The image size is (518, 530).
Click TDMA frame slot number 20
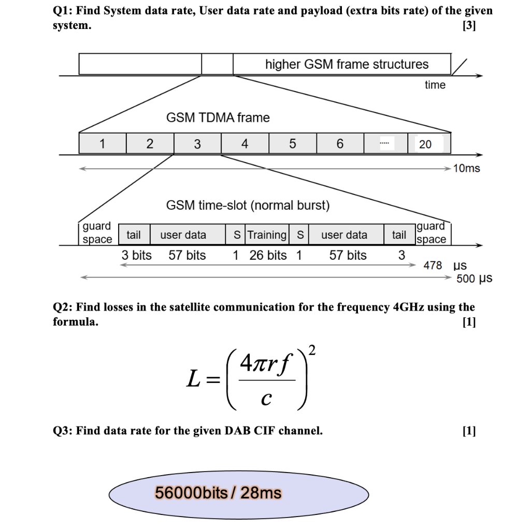pos(425,144)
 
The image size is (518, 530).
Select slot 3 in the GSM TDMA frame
pos(197,144)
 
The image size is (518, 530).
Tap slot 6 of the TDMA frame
pos(340,144)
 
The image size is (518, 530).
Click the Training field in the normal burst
pos(267,235)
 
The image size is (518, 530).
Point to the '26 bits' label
pos(268,255)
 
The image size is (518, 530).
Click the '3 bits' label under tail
pos(137,255)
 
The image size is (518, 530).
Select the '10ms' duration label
pos(466,168)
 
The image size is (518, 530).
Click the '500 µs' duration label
pos(474,279)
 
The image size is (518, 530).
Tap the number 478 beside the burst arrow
pos(433,266)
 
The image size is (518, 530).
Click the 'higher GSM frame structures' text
pos(347,65)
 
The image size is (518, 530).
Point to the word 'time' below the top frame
pos(435,85)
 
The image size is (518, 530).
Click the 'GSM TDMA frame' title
pos(218,117)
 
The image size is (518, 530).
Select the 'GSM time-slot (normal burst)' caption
pos(248,205)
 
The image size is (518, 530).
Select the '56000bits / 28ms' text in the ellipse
pos(218,493)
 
